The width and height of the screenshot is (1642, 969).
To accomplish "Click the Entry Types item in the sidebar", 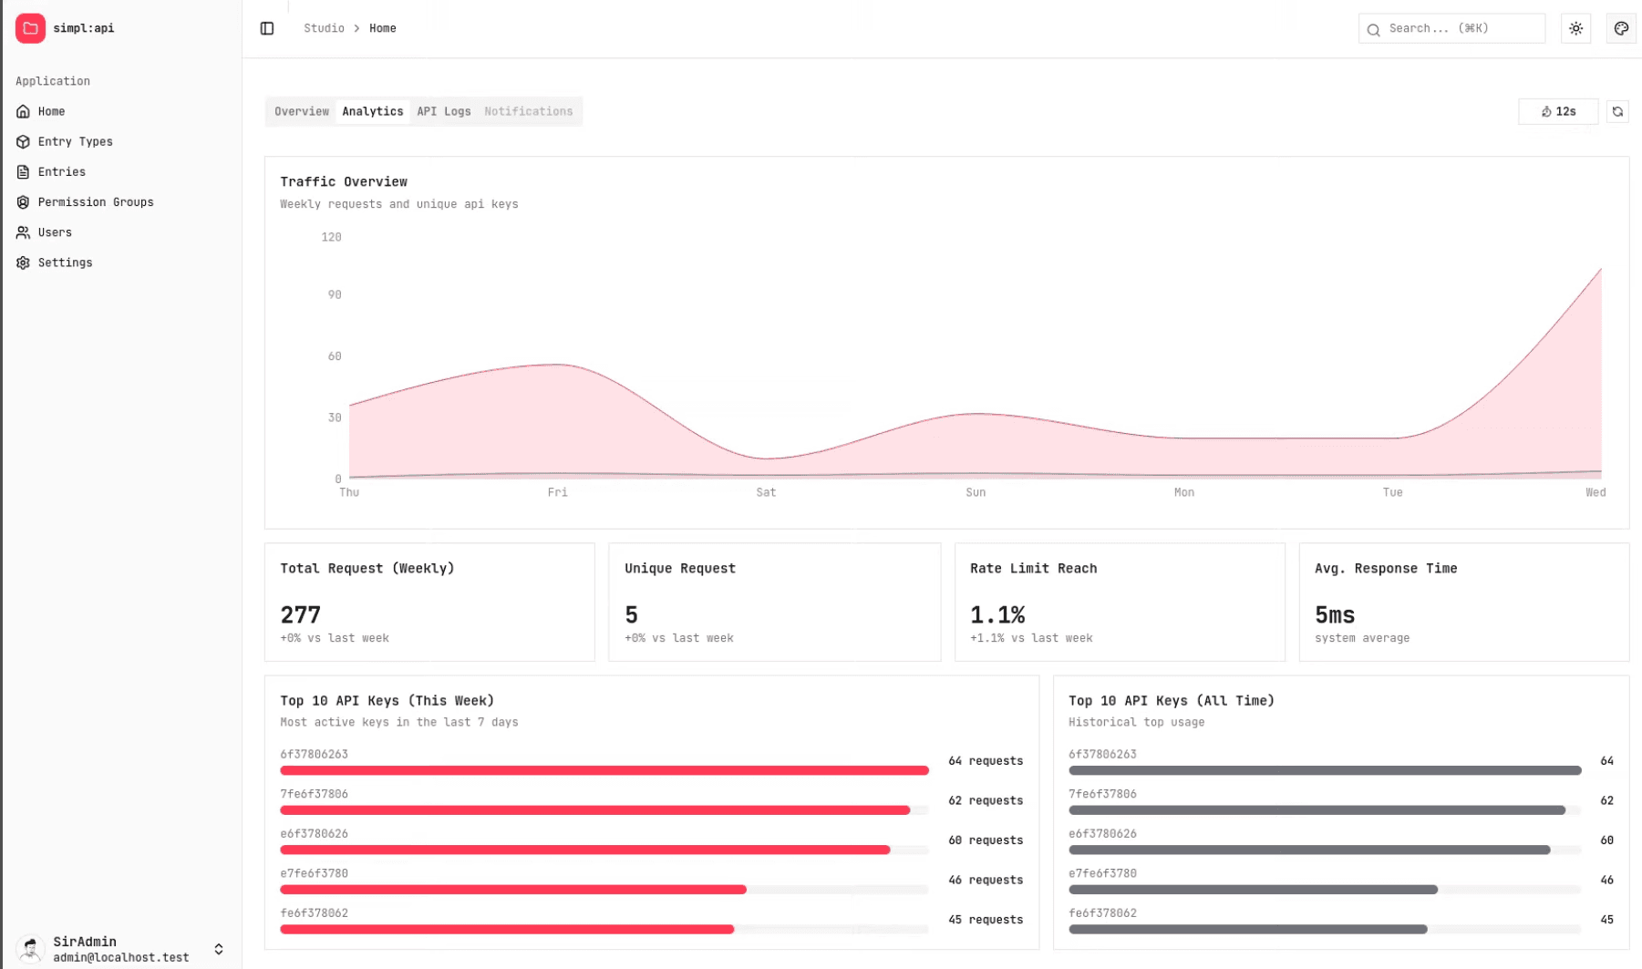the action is (x=75, y=141).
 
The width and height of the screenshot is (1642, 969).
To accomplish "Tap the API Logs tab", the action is (x=444, y=111).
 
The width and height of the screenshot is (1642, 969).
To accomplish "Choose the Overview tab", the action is (x=302, y=111).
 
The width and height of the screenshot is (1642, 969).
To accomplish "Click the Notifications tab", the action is (x=529, y=111).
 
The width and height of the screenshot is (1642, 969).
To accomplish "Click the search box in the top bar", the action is (x=1451, y=28).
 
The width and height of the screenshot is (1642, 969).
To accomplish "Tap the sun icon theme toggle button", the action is (x=1575, y=28).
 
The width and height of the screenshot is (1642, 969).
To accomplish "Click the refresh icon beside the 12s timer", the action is (x=1617, y=111).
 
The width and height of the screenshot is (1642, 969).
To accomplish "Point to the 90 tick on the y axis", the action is (x=335, y=294).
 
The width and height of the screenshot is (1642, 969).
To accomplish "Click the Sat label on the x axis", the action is (x=766, y=492).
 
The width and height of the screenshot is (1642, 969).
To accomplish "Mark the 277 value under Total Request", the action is (x=301, y=614).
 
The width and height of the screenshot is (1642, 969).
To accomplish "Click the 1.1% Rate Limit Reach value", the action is (x=997, y=614).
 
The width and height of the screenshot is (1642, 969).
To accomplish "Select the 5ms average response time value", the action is (x=1335, y=614).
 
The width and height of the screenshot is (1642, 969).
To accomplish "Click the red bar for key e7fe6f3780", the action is (x=513, y=890).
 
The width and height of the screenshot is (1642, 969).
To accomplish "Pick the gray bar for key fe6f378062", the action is (x=1248, y=930).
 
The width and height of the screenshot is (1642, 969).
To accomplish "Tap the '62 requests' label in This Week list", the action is (x=986, y=800).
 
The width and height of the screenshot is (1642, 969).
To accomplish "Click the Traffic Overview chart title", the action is (x=344, y=181).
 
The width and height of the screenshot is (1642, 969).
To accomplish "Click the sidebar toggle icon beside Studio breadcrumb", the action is (x=267, y=28).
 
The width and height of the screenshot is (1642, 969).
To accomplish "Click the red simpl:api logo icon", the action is (x=30, y=28).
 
